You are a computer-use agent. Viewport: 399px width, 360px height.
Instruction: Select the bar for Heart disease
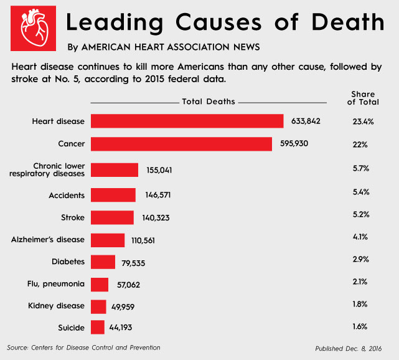tap(187, 121)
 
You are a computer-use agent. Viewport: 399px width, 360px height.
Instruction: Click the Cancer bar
tap(181, 144)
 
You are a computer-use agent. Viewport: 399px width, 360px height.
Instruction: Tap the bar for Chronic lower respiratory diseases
tap(115, 170)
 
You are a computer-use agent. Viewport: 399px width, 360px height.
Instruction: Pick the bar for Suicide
tap(98, 327)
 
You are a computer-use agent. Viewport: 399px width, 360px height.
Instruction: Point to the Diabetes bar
tap(103, 262)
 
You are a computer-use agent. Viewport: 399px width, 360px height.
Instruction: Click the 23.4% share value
tap(362, 121)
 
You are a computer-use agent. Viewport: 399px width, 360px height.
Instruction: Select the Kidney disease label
tap(57, 306)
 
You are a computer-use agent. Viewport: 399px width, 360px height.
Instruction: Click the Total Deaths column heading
tap(209, 102)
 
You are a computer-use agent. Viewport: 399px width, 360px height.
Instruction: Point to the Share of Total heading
tap(363, 98)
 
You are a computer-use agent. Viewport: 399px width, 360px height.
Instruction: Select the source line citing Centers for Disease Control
tap(83, 347)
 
